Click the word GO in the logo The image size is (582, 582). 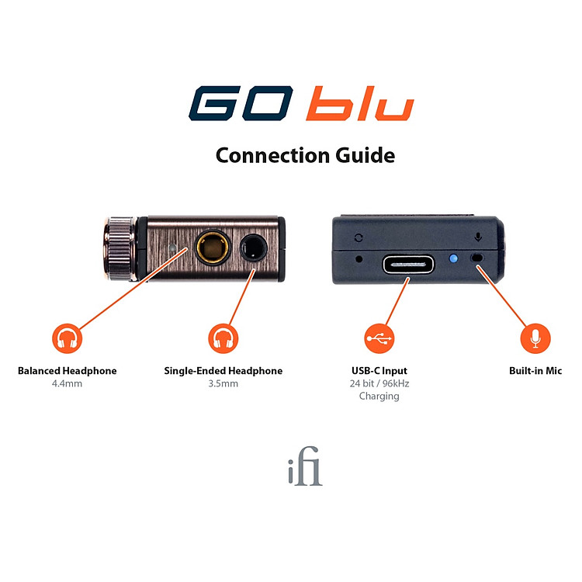tap(241, 103)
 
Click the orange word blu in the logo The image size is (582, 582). tap(359, 103)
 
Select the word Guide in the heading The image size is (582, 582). tap(365, 155)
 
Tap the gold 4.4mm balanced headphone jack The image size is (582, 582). tap(213, 248)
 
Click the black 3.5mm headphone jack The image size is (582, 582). tap(254, 248)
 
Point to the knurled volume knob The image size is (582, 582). tap(120, 248)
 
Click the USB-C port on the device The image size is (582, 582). tap(408, 265)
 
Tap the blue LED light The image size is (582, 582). tap(453, 258)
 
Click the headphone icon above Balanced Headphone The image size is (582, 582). tap(67, 338)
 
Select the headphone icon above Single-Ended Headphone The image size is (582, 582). tap(223, 338)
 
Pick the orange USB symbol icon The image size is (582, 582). tap(379, 338)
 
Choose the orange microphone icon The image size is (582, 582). tap(535, 338)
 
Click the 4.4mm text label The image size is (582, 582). tap(67, 383)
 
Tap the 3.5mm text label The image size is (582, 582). tap(223, 383)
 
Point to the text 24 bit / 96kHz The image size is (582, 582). tap(379, 383)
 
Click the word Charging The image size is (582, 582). tap(379, 397)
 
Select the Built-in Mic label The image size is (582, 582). tap(535, 371)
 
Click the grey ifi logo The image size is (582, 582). tap(305, 466)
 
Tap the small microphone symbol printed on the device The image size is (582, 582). tap(478, 237)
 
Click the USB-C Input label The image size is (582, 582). tap(379, 371)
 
